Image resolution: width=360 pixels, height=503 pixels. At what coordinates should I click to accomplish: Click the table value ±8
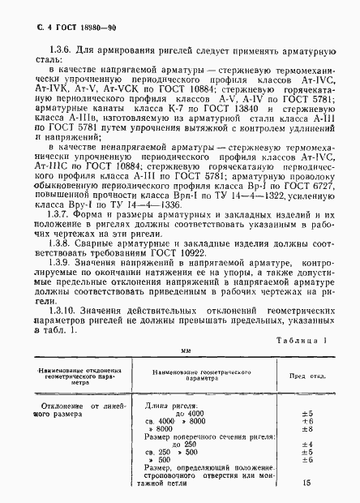[x=307, y=430]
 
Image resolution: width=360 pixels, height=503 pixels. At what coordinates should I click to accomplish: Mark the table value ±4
[x=307, y=445]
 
